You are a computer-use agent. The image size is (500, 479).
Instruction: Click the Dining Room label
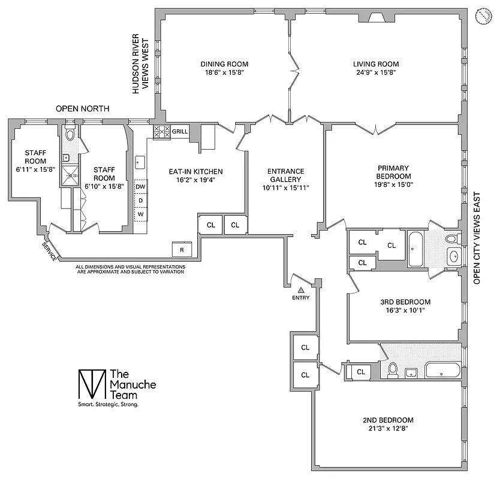pos(224,64)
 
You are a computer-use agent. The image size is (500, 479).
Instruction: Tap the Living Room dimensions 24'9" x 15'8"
pos(375,72)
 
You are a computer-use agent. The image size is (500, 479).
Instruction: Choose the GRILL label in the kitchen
pos(180,131)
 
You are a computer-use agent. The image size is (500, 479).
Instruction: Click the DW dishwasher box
pos(140,187)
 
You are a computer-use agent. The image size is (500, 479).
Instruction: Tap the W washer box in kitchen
pos(140,214)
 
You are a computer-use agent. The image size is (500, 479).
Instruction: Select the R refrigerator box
pos(181,248)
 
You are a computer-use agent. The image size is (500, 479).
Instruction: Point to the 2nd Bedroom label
pos(388,420)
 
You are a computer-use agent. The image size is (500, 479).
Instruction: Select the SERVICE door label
pos(50,251)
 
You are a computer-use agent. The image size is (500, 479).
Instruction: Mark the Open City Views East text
pos(478,238)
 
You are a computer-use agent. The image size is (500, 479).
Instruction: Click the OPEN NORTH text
pos(83,109)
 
